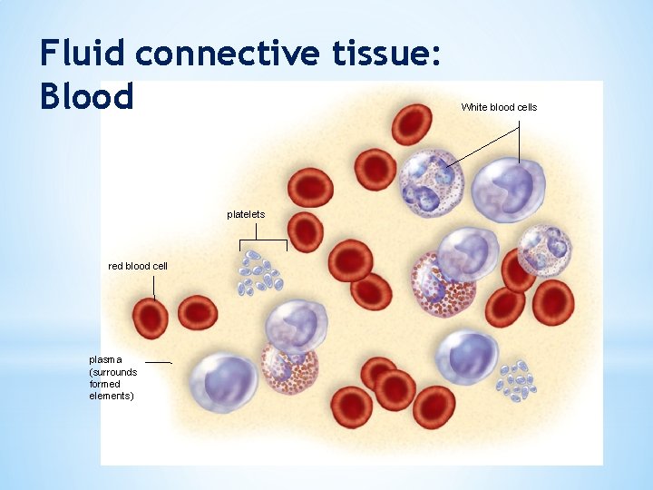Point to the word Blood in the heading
[x=86, y=95]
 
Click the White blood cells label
[x=499, y=107]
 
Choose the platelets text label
[x=246, y=214]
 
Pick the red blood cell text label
[x=138, y=266]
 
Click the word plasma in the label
[x=105, y=359]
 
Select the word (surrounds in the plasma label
[x=112, y=372]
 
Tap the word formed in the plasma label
[x=104, y=384]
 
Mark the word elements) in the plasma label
[x=112, y=396]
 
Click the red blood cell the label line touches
[x=151, y=318]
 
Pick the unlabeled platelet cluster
[x=514, y=381]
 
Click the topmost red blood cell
[x=411, y=124]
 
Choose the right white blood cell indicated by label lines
[x=508, y=190]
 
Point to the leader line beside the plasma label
[x=158, y=362]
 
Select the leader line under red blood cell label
[x=154, y=287]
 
